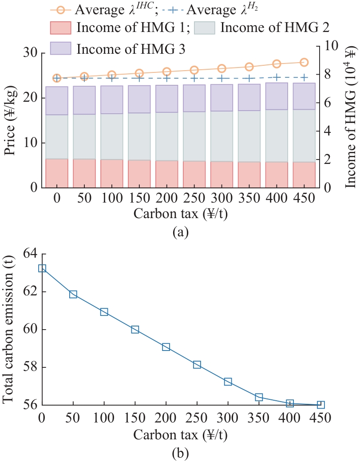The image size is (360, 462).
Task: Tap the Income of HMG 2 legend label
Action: coord(274,27)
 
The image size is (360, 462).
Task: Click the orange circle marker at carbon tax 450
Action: coord(304,62)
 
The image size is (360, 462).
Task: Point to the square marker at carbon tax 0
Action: coord(42,268)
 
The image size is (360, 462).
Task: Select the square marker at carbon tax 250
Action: coord(197,365)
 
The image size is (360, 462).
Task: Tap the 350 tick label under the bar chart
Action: coord(249,197)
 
